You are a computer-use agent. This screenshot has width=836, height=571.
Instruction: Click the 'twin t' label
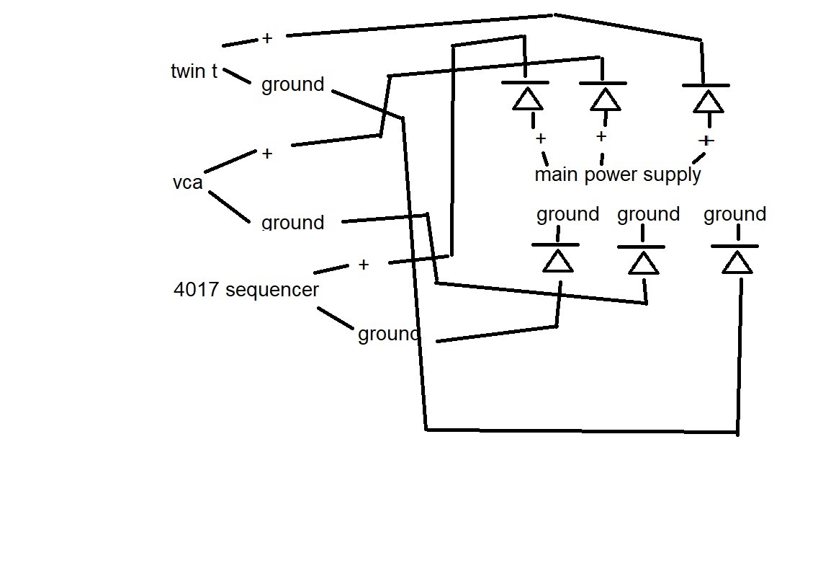pyautogui.click(x=194, y=71)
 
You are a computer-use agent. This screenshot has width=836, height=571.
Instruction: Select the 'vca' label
pyautogui.click(x=187, y=182)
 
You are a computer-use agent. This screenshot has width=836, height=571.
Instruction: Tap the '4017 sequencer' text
pyautogui.click(x=246, y=290)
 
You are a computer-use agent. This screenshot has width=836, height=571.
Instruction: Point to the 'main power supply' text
pyautogui.click(x=617, y=174)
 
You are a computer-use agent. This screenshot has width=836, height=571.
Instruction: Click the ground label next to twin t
pyautogui.click(x=292, y=84)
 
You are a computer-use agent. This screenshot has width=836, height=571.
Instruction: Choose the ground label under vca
pyautogui.click(x=292, y=222)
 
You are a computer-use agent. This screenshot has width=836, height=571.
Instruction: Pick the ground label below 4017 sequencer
pyautogui.click(x=387, y=334)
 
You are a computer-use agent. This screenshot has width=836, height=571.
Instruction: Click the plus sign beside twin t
pyautogui.click(x=267, y=38)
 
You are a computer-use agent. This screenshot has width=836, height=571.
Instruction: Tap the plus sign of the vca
pyautogui.click(x=267, y=153)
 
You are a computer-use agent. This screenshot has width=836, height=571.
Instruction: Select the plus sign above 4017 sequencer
pyautogui.click(x=363, y=265)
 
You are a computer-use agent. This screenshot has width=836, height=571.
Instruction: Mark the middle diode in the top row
pyautogui.click(x=604, y=97)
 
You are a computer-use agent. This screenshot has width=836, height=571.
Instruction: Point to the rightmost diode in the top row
pyautogui.click(x=706, y=98)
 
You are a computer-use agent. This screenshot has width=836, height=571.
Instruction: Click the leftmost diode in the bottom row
pyautogui.click(x=557, y=258)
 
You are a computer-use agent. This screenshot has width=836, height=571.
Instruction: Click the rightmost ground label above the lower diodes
pyautogui.click(x=734, y=214)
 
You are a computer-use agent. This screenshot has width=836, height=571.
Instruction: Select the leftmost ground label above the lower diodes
pyautogui.click(x=567, y=214)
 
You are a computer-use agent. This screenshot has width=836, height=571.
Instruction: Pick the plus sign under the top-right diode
pyautogui.click(x=706, y=140)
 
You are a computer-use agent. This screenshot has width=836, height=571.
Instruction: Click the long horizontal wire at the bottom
pyautogui.click(x=582, y=431)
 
